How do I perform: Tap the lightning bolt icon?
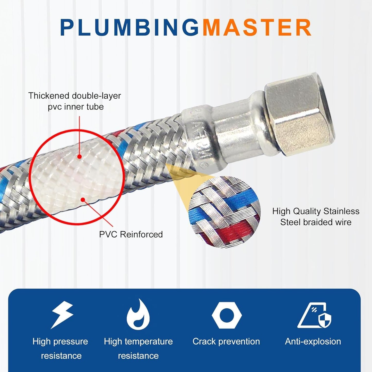[x=63, y=315]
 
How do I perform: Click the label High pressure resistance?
[x=60, y=348]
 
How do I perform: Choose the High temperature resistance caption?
[x=138, y=348]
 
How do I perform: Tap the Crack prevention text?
[x=226, y=341]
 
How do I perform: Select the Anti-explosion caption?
[x=313, y=341]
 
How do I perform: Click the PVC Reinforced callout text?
[x=131, y=234]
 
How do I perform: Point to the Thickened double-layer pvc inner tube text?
[x=74, y=101]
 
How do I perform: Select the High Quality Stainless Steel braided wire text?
[x=316, y=217]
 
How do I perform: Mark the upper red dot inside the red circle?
[x=80, y=156]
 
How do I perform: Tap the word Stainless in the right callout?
[x=341, y=211]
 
